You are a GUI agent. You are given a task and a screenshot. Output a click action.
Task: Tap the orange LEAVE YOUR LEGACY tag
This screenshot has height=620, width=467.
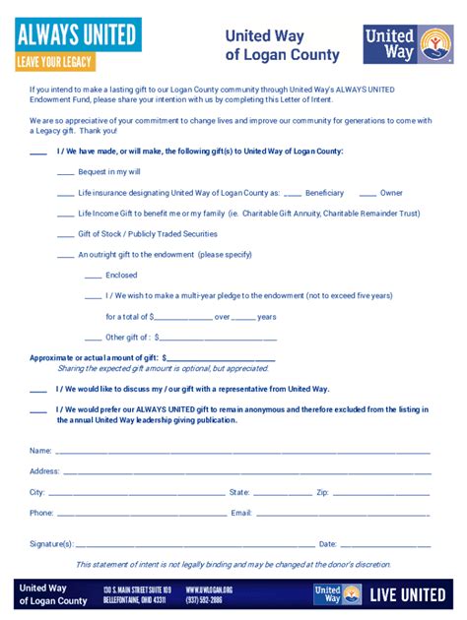click(x=55, y=61)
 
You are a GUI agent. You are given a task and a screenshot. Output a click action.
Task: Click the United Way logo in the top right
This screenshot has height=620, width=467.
click(x=408, y=44)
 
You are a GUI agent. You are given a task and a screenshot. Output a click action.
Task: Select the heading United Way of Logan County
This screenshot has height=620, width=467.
click(x=282, y=46)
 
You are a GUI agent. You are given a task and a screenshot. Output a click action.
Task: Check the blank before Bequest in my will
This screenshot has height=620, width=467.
click(x=66, y=173)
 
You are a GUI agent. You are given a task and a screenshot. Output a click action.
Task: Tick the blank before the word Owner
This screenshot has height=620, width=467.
click(x=367, y=194)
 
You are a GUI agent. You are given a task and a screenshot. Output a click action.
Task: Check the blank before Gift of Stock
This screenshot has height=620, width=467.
click(x=66, y=235)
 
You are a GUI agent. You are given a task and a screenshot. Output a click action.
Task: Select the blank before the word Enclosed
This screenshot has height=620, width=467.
click(x=93, y=277)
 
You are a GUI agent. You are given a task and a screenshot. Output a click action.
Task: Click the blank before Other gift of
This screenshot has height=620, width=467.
click(x=93, y=339)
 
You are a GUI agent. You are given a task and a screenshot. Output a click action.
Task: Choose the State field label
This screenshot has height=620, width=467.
click(x=239, y=492)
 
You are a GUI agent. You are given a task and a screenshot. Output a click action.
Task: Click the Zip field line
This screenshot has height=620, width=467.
click(x=380, y=494)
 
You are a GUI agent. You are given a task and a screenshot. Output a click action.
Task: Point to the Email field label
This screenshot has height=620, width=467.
click(x=241, y=513)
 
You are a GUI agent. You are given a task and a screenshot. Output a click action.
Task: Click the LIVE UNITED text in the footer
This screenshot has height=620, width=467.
click(x=410, y=595)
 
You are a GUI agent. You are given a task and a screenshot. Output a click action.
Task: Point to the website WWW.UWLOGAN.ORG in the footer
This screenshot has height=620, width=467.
click(x=209, y=589)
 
